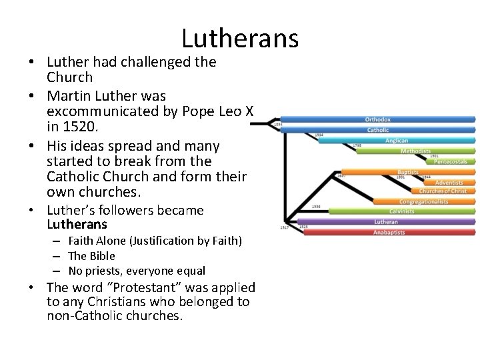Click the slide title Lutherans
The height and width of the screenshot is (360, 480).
tap(240, 39)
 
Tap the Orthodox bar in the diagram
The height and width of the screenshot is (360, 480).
tap(378, 120)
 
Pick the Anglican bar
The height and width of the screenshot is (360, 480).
tap(397, 141)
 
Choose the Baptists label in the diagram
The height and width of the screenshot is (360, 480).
tap(409, 172)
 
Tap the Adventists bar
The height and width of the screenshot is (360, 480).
tap(449, 182)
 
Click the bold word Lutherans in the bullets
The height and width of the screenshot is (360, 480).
tap(77, 225)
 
